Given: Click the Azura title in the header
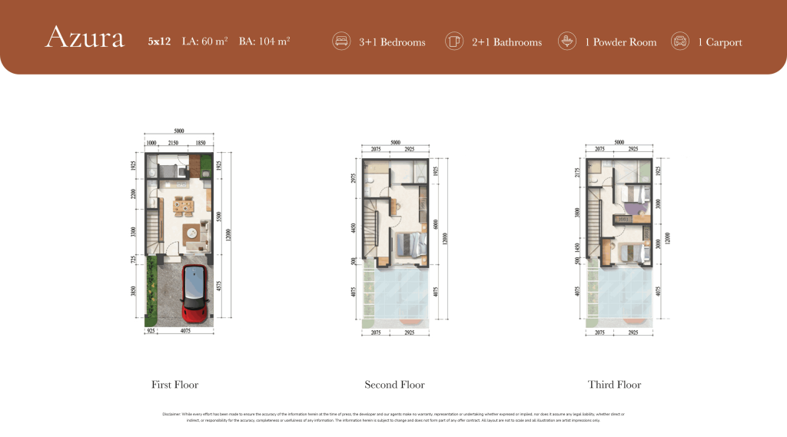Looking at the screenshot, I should [85, 39].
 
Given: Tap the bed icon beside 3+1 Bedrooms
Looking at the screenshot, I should [340, 41].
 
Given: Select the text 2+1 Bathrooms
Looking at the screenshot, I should [506, 42].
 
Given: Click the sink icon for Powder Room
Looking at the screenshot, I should [566, 41].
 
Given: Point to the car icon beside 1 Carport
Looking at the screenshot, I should [679, 41].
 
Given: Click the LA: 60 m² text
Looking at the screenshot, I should [204, 42].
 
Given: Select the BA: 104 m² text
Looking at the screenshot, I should [264, 42].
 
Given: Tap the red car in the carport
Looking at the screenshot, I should [195, 294].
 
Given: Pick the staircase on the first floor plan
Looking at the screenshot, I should [152, 227].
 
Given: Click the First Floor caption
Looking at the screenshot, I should [174, 385].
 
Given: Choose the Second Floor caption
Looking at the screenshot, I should [394, 385].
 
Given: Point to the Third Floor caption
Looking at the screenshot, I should [614, 385].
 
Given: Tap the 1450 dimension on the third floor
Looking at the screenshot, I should [578, 250].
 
